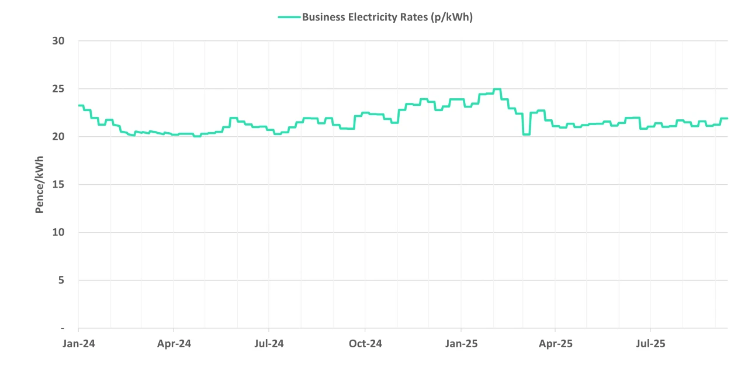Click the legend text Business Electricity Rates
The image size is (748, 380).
pyautogui.click(x=387, y=17)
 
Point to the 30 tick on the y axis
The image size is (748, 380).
pyautogui.click(x=57, y=41)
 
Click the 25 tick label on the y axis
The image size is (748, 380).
pyautogui.click(x=57, y=89)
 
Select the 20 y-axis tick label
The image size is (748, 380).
pyautogui.click(x=57, y=137)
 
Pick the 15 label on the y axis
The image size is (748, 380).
pyautogui.click(x=57, y=185)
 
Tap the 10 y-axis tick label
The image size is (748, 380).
pyautogui.click(x=57, y=233)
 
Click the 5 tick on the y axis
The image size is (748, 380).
pyautogui.click(x=61, y=280)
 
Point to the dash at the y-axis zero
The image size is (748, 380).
pyautogui.click(x=62, y=328)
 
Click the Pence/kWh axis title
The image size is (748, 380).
pyautogui.click(x=40, y=184)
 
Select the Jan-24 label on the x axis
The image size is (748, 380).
pyautogui.click(x=79, y=344)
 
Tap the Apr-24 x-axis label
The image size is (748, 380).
pyautogui.click(x=174, y=344)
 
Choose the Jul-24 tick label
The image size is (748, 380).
pyautogui.click(x=269, y=344)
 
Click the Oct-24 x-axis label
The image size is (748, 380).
pyautogui.click(x=365, y=344)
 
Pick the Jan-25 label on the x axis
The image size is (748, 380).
pyautogui.click(x=461, y=344)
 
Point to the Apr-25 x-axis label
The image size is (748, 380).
pyautogui.click(x=556, y=344)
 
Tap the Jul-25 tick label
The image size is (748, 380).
pyautogui.click(x=651, y=344)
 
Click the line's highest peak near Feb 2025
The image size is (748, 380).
pyautogui.click(x=497, y=89)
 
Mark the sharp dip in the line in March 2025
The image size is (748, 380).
pyautogui.click(x=526, y=134)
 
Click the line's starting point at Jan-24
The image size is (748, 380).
pyautogui.click(x=79, y=105)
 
